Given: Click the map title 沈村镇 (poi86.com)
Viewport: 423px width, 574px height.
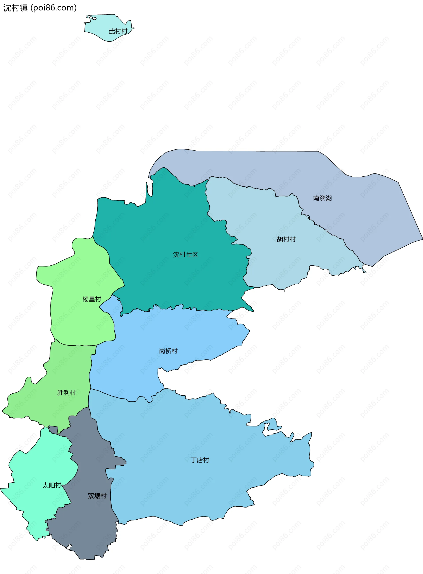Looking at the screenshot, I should click(x=40, y=8).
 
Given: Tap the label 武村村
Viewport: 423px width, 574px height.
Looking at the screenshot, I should click(x=118, y=31).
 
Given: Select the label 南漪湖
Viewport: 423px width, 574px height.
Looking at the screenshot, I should click(x=322, y=198).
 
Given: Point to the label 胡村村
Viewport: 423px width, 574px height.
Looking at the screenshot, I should click(x=286, y=239).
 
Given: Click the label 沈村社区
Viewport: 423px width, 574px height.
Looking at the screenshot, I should click(x=186, y=254).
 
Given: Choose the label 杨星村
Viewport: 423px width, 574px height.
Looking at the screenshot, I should click(x=92, y=299).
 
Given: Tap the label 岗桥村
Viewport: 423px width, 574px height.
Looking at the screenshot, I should click(x=168, y=351).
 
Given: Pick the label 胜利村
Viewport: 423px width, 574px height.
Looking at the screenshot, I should click(x=66, y=393).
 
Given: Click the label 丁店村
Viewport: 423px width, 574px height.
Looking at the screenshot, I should click(x=200, y=460).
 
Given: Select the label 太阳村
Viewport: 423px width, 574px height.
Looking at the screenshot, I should click(x=52, y=485).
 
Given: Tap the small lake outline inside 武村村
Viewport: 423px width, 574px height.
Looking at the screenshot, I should click(x=91, y=18).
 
